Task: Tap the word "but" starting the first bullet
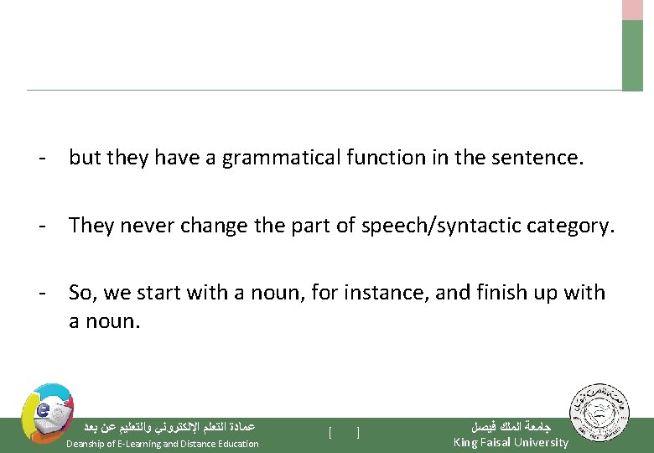point(83,158)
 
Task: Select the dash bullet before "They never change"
point(40,226)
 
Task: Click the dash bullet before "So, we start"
point(40,293)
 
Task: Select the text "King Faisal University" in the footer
point(511,442)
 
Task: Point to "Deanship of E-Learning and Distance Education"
point(163,444)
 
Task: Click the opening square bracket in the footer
point(330,433)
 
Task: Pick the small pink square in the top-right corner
point(632,9)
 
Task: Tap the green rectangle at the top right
point(632,55)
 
